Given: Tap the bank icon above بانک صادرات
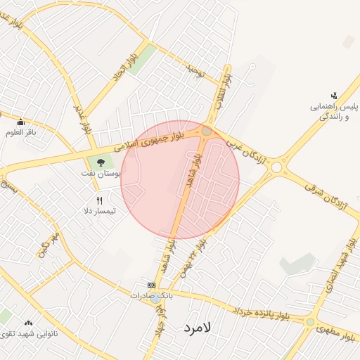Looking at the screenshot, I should [151, 285].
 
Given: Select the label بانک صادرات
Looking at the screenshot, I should [151, 296].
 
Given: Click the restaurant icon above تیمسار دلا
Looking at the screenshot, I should [99, 200].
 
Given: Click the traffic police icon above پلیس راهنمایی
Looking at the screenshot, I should [334, 96].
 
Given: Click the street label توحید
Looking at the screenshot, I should [195, 70].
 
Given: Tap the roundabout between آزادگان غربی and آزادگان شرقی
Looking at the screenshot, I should [277, 167].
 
